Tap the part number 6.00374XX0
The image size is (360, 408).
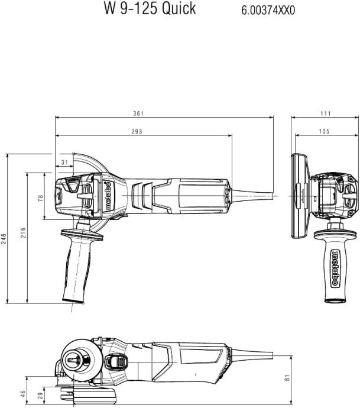[268, 11]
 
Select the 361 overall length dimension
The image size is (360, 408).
[138, 114]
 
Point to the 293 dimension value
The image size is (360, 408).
[137, 131]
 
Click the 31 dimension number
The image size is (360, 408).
[64, 161]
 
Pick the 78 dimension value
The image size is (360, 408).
[41, 199]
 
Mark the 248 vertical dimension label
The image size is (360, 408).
[4, 238]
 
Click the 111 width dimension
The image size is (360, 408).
[325, 114]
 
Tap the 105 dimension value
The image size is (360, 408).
[323, 131]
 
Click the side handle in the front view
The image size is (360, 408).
[334, 266]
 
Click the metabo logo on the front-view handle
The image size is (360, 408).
[335, 269]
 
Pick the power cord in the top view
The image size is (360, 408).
[254, 193]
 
